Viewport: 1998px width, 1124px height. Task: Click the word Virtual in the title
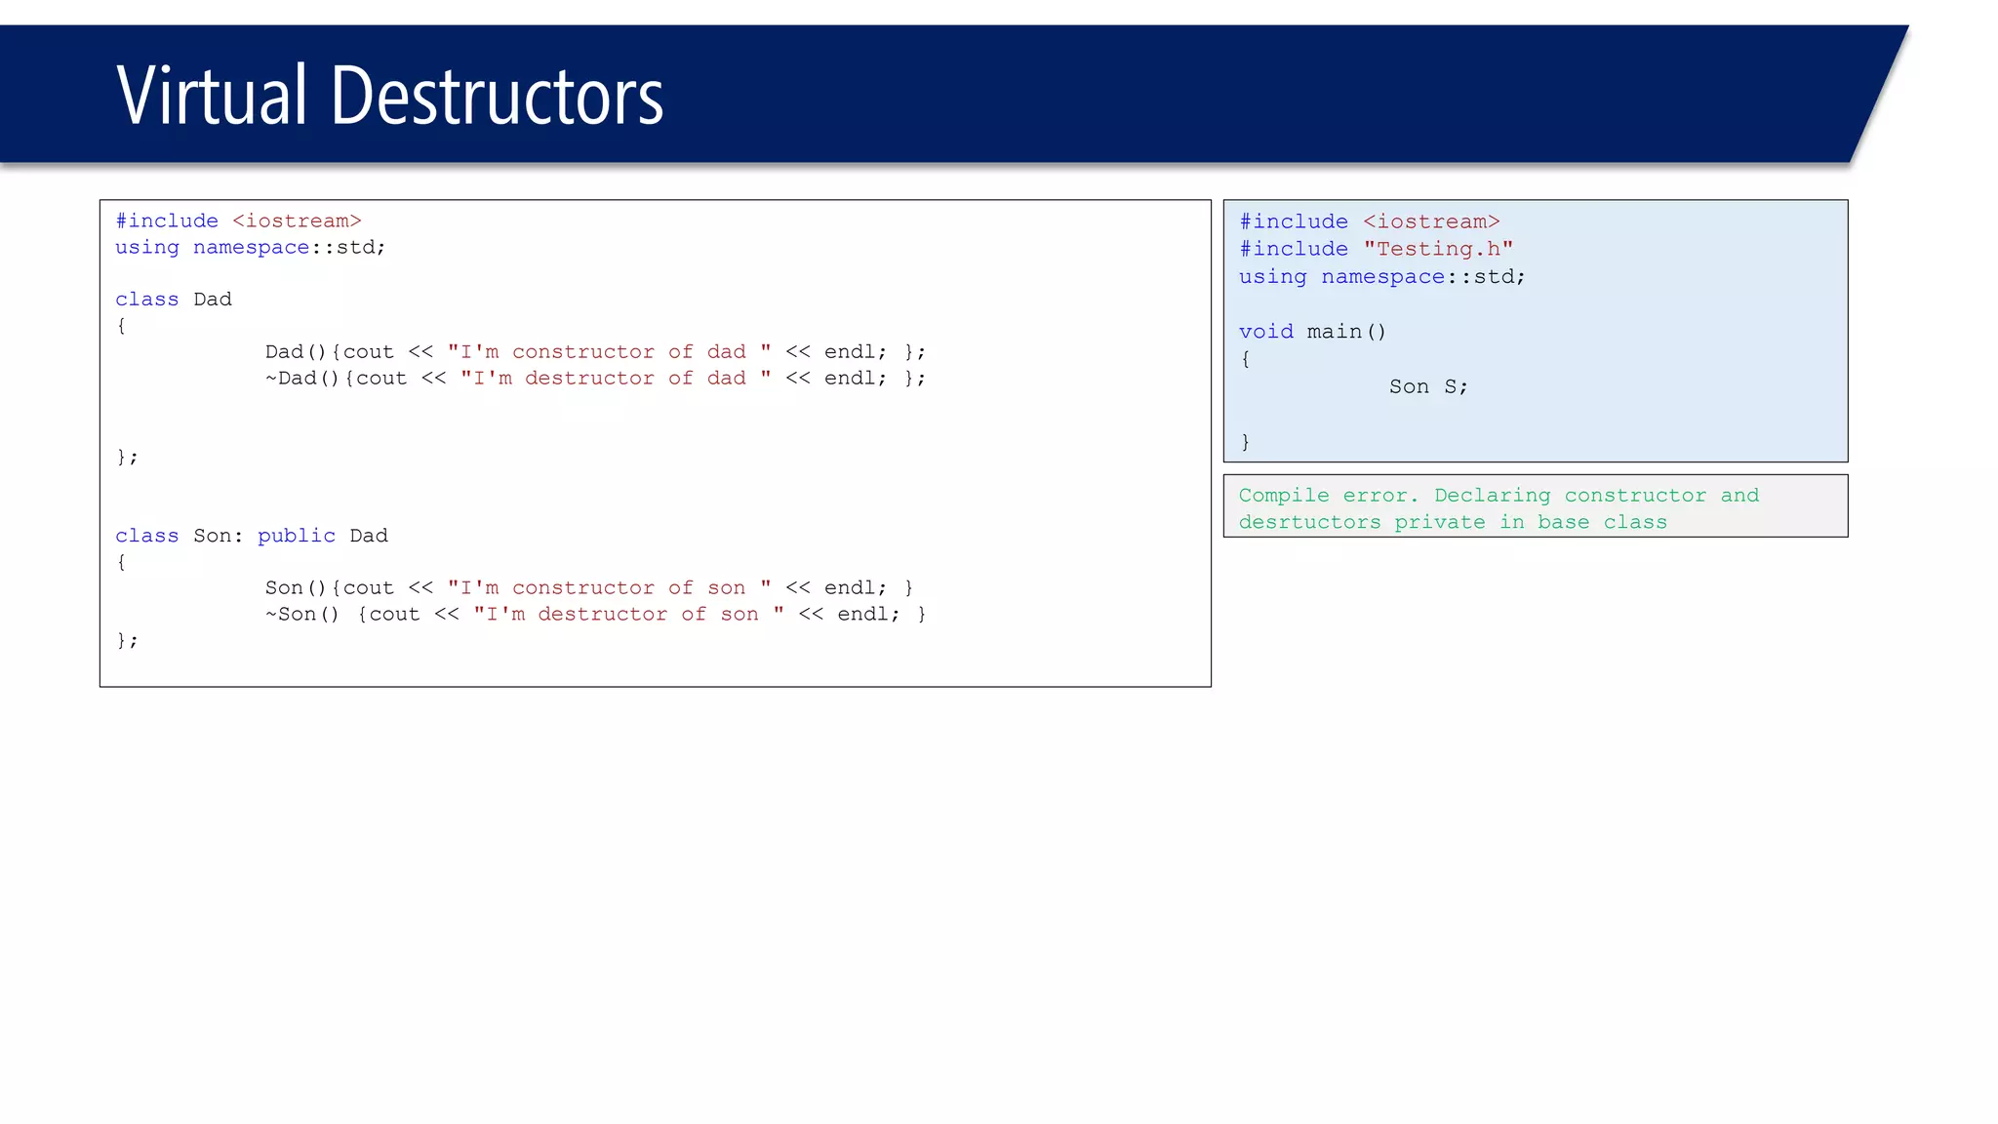212,96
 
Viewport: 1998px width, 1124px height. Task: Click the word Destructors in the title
497,96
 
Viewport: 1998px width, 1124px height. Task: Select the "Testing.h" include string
1438,249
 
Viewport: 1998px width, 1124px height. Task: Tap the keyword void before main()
1265,332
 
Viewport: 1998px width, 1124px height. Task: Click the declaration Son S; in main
1428,386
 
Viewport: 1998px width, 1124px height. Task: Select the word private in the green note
1439,522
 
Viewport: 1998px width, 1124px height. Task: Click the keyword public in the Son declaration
297,536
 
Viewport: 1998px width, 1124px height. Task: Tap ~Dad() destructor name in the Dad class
302,379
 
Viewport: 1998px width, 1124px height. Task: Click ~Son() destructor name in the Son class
302,615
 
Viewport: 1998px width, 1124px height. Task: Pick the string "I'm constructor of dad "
609,352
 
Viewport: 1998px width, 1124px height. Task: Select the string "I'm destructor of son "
628,615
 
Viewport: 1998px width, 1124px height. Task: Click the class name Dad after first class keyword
213,300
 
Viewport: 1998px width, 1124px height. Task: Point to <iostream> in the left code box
297,221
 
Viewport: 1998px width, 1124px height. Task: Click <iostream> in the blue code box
1431,221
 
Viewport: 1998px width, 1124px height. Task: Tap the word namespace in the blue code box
1382,277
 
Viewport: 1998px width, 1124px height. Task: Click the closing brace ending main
1246,442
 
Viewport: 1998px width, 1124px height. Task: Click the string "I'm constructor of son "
609,588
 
